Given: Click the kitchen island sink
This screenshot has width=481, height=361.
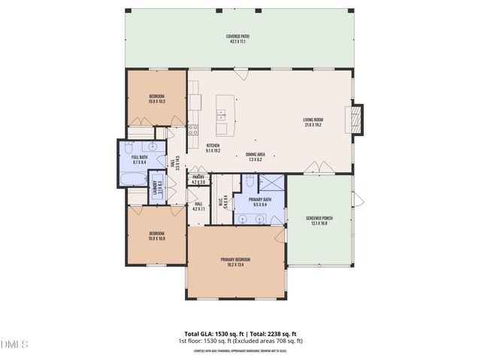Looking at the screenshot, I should (x=222, y=114).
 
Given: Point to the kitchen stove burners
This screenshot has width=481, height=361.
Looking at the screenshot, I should (x=193, y=128).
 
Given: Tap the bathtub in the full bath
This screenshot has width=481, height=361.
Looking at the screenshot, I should (x=133, y=179).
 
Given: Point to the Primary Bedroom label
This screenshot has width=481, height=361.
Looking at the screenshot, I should (x=235, y=259).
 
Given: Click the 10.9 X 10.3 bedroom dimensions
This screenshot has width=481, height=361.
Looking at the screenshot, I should (x=156, y=101).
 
